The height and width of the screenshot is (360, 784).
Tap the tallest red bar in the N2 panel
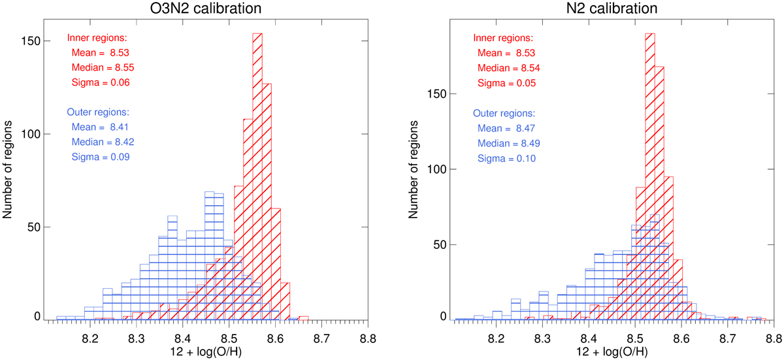click(650, 176)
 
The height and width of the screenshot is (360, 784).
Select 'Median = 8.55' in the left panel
click(103, 67)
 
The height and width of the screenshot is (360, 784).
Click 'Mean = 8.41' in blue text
click(103, 127)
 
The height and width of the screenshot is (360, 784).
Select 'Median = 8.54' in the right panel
click(509, 68)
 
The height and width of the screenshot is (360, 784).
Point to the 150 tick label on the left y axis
click(32, 41)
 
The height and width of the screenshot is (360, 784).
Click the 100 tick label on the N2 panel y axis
click(438, 170)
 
